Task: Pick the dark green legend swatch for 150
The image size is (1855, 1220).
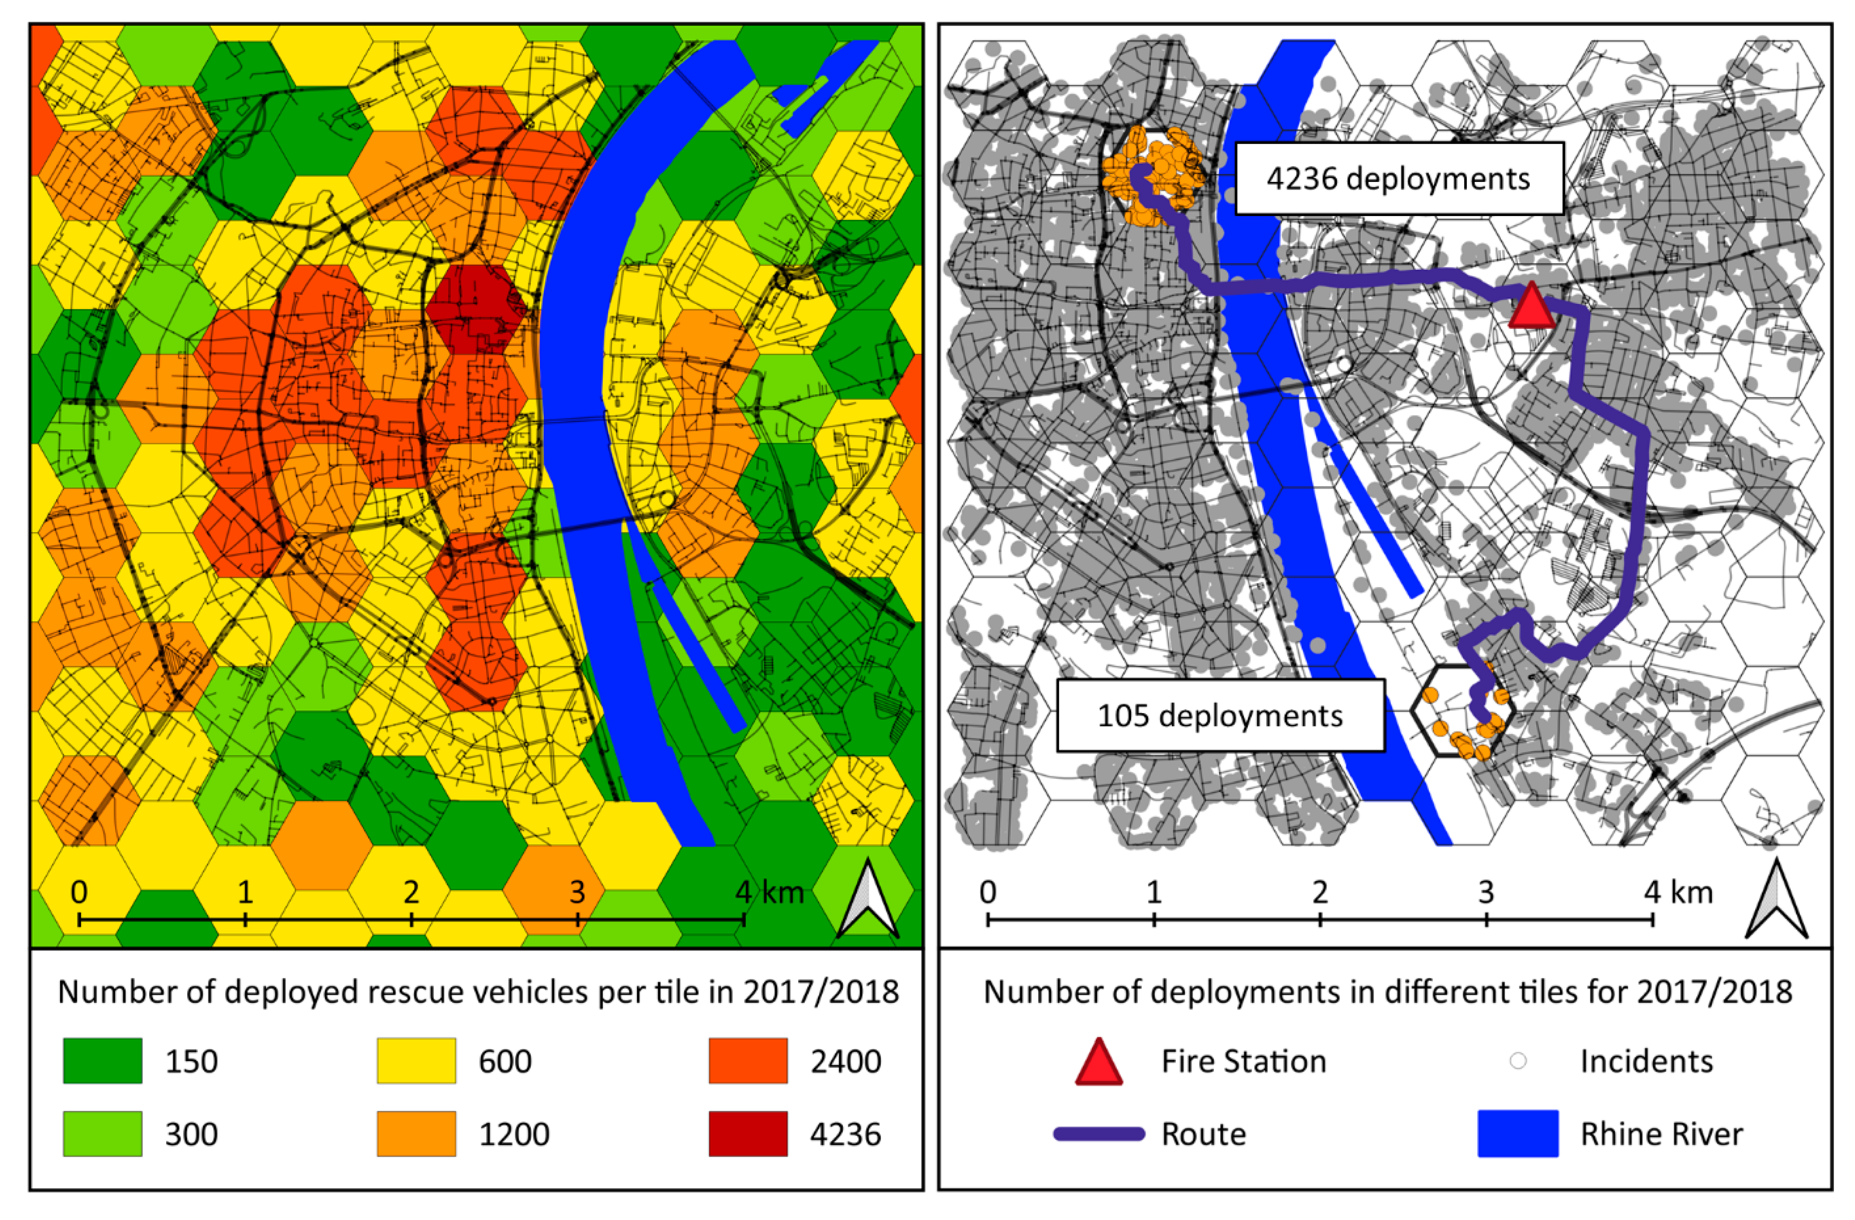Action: [102, 1061]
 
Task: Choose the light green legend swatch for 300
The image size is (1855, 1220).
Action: [102, 1134]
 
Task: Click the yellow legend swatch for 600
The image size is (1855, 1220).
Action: [416, 1061]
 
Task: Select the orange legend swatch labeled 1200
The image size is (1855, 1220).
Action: [416, 1134]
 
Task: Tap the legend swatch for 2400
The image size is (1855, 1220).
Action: [747, 1061]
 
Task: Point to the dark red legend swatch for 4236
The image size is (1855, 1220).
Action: [747, 1134]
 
